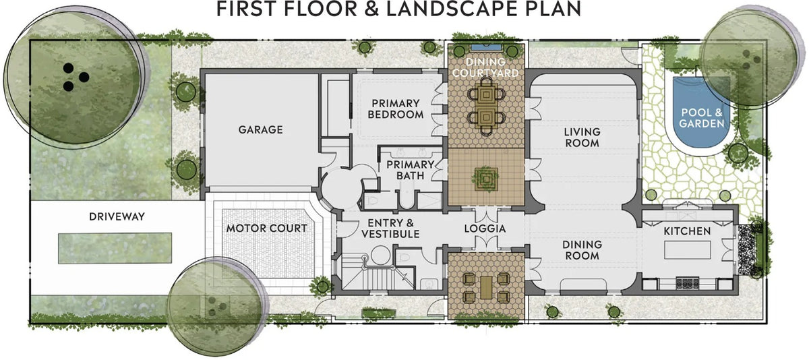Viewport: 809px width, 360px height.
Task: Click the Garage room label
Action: click(x=260, y=129)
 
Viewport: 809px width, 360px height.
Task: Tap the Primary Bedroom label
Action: click(x=396, y=109)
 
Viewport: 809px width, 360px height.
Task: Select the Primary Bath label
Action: click(x=410, y=170)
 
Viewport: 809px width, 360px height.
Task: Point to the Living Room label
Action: click(x=582, y=138)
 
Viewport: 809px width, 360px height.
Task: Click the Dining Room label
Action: click(x=582, y=250)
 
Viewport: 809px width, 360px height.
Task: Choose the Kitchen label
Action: click(x=687, y=231)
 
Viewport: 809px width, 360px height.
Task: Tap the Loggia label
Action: click(x=485, y=229)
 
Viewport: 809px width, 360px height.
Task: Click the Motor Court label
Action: click(x=266, y=229)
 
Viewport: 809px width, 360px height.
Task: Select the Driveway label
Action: click(x=117, y=216)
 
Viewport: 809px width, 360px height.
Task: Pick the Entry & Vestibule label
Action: click(x=390, y=229)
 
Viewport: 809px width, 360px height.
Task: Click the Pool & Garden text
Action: click(x=701, y=118)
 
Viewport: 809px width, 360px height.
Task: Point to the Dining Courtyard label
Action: click(x=485, y=67)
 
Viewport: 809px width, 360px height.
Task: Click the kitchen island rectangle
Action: click(x=687, y=250)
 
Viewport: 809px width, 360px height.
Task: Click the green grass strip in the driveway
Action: click(x=115, y=248)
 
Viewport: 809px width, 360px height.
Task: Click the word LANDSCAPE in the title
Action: click(x=452, y=9)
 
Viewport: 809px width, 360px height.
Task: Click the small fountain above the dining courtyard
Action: click(x=485, y=47)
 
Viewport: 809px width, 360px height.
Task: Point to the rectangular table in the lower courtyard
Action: click(x=486, y=287)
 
